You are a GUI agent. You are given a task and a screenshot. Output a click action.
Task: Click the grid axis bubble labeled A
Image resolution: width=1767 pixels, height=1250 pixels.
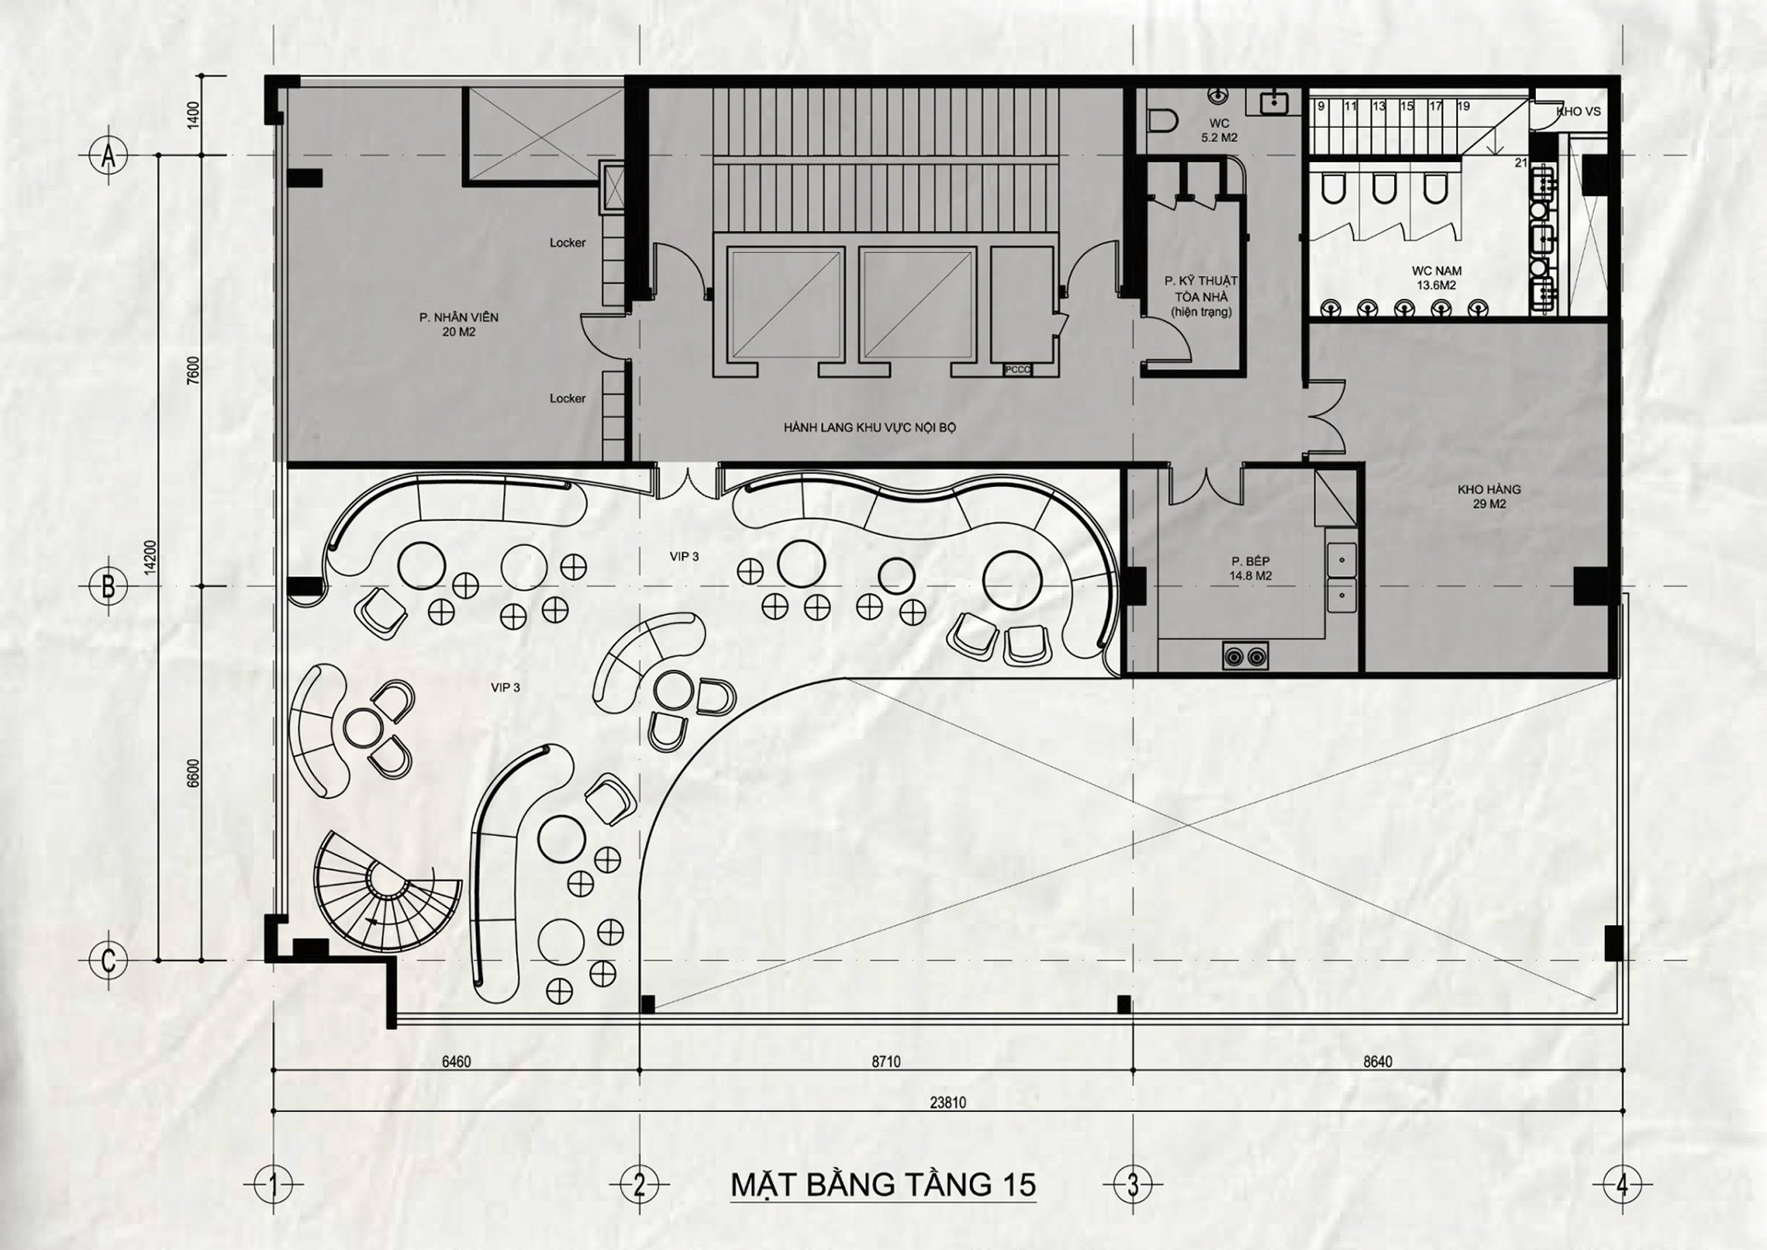(109, 156)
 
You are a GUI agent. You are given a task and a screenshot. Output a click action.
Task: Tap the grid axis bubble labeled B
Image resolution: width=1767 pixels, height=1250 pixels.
(109, 586)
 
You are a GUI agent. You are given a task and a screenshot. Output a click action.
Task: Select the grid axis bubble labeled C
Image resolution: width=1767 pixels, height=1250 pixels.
(109, 961)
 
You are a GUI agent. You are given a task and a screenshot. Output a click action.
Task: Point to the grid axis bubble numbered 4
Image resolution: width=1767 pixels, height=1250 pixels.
(1622, 1185)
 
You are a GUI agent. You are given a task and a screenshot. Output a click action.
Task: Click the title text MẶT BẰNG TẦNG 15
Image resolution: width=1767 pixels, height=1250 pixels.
(883, 1185)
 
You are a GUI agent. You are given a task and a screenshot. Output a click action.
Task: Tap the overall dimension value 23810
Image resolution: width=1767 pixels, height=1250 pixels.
(948, 1103)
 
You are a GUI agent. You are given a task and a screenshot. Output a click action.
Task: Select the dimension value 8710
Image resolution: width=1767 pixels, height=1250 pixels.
(885, 1061)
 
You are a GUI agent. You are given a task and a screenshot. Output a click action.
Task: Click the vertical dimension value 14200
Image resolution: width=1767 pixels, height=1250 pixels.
(151, 558)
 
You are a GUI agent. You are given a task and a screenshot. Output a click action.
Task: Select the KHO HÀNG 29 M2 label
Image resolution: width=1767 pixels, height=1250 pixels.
(1489, 497)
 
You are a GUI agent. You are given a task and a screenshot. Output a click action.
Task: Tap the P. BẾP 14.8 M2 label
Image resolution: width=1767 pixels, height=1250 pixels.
(1250, 569)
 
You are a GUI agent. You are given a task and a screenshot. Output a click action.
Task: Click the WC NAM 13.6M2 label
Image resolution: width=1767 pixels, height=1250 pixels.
(1436, 278)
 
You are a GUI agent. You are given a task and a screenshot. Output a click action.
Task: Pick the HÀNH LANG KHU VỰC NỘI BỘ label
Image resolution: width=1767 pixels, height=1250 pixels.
(870, 428)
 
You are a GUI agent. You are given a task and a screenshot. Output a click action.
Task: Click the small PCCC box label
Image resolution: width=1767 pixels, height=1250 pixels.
(1018, 370)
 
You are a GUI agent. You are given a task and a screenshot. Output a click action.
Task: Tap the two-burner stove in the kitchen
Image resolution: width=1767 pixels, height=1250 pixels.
(1245, 656)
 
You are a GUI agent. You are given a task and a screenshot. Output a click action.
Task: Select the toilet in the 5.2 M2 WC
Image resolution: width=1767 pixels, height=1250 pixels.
(1164, 121)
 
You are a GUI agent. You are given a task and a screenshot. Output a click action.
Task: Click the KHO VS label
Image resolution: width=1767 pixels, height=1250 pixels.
(1578, 111)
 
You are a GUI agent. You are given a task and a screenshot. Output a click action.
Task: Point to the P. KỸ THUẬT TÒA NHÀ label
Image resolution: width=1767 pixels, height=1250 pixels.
(1201, 296)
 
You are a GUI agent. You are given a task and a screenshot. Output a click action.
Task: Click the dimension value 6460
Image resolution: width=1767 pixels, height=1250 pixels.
(456, 1061)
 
